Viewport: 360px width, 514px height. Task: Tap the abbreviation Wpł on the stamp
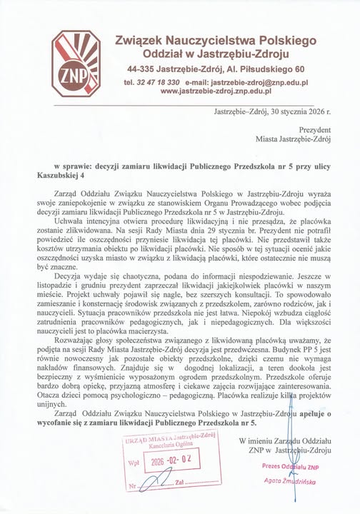tap(134, 462)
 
